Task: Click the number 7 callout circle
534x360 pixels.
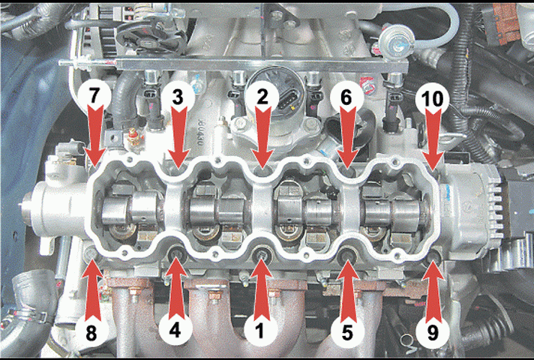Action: pyautogui.click(x=94, y=97)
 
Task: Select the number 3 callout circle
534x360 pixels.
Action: pyautogui.click(x=178, y=97)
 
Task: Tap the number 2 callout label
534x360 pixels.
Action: pyautogui.click(x=262, y=97)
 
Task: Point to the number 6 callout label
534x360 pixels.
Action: pyautogui.click(x=346, y=97)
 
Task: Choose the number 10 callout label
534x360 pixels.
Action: pyautogui.click(x=432, y=98)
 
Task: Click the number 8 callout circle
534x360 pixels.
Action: pyautogui.click(x=91, y=332)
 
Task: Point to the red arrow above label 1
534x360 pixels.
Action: pyautogui.click(x=261, y=289)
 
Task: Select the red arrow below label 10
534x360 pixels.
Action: pyautogui.click(x=433, y=137)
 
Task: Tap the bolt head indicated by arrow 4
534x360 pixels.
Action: pyautogui.click(x=177, y=253)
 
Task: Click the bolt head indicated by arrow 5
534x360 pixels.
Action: pyautogui.click(x=348, y=253)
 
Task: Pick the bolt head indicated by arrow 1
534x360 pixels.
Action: pyautogui.click(x=262, y=253)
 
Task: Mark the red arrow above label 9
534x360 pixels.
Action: pyautogui.click(x=432, y=290)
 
